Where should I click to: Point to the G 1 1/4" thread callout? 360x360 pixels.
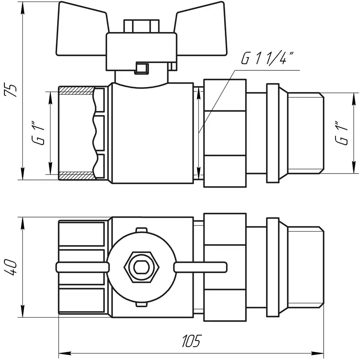pyautogui.click(x=267, y=59)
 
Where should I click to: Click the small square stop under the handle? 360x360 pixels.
pyautogui.click(x=141, y=68)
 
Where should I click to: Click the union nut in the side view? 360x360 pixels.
pyautogui.click(x=225, y=133)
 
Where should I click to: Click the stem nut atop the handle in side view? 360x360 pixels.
pyautogui.click(x=141, y=26)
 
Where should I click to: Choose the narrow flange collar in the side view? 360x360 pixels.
pyautogui.click(x=272, y=133)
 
